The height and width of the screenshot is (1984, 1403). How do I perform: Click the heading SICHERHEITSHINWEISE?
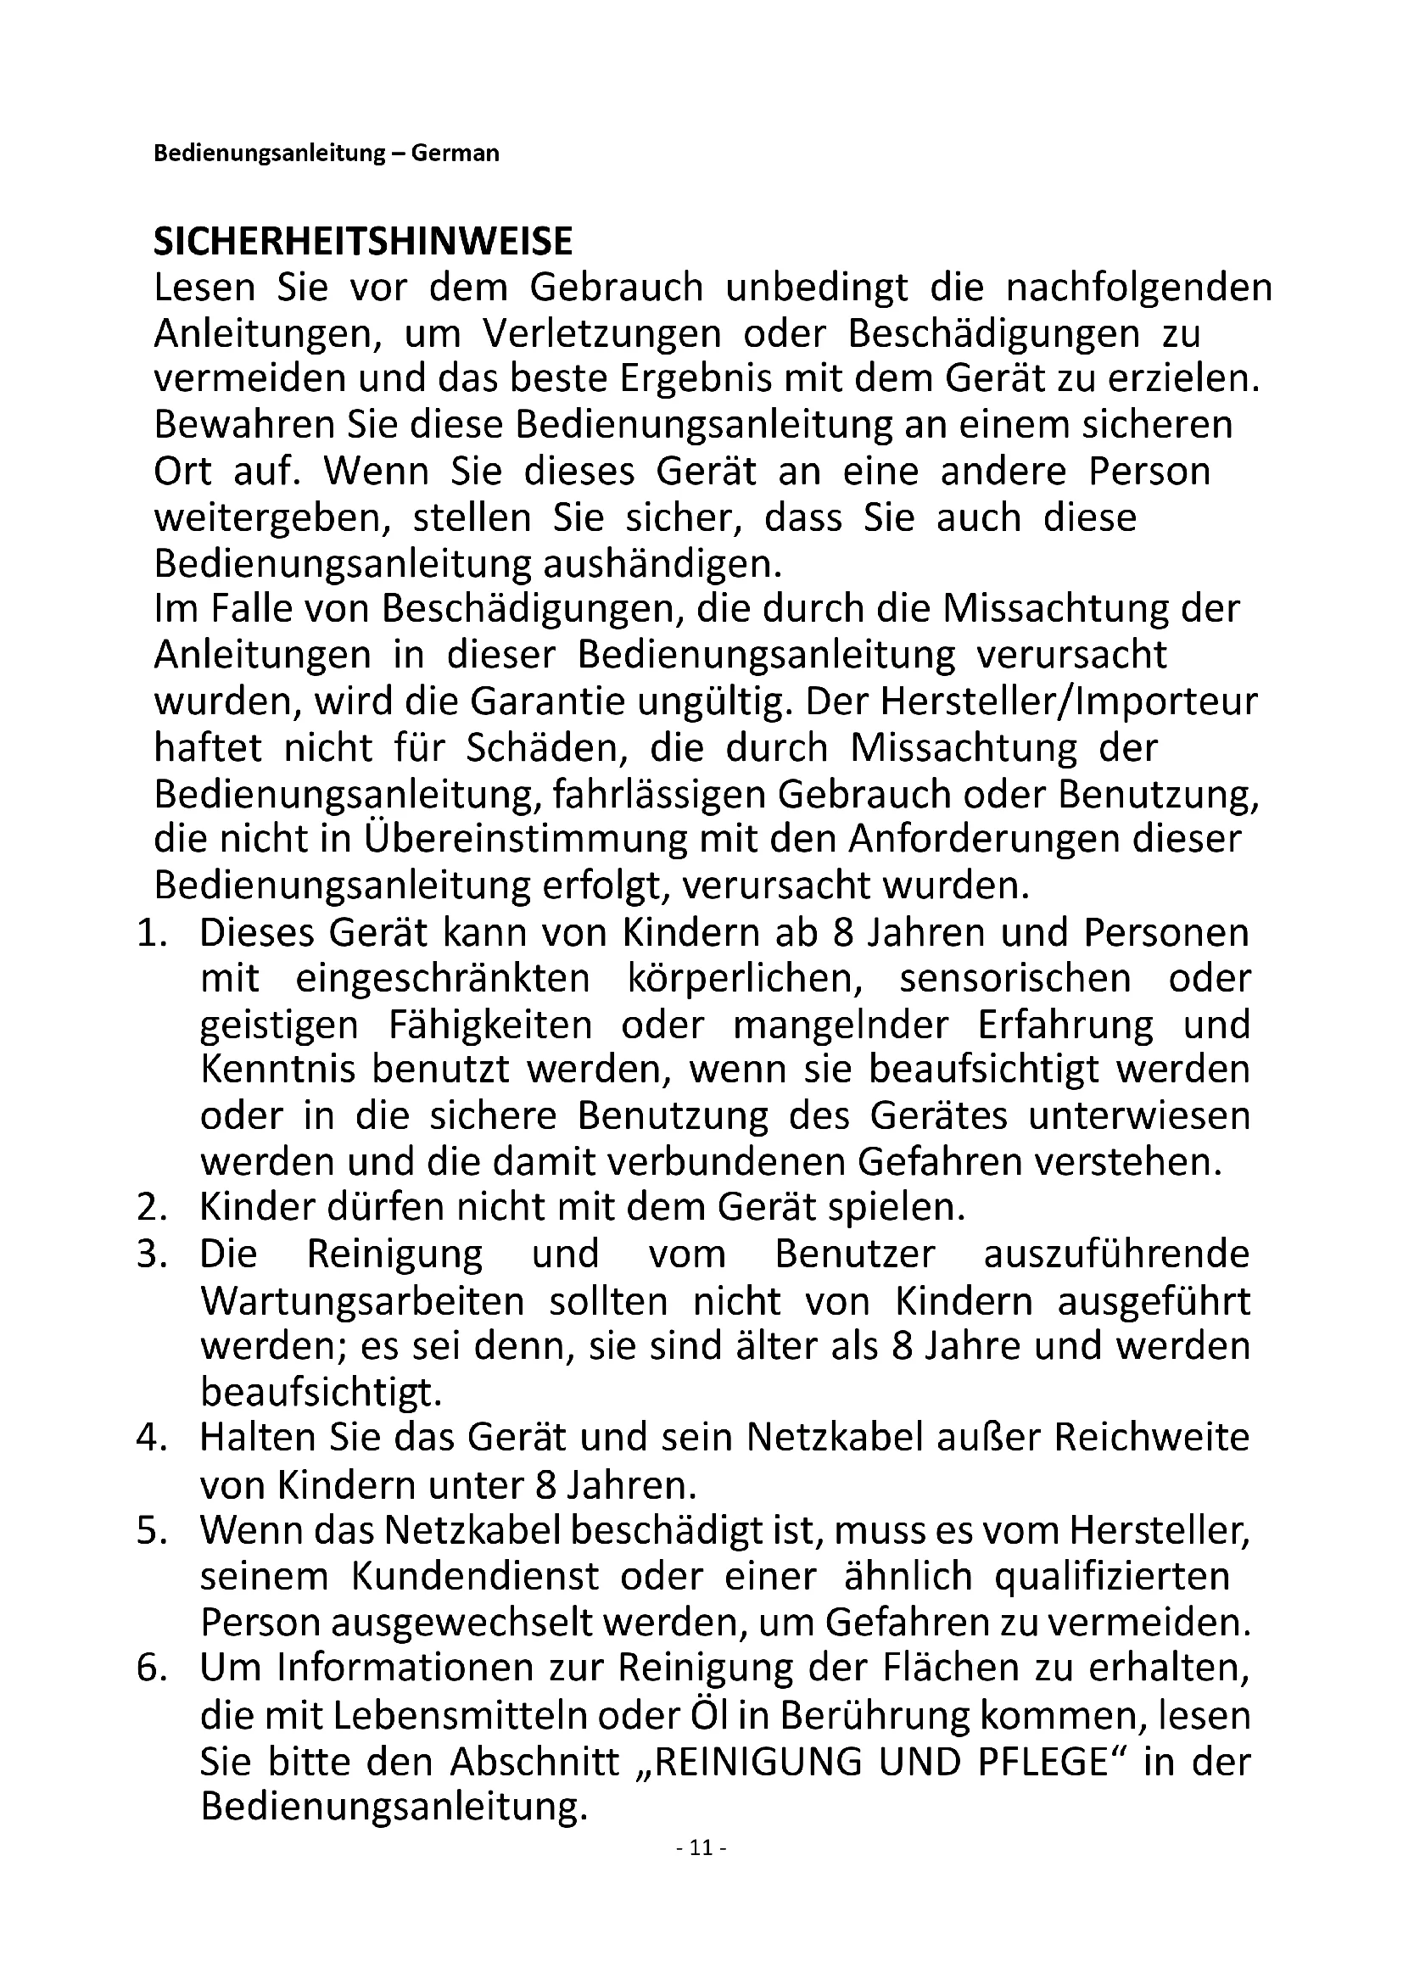coord(363,242)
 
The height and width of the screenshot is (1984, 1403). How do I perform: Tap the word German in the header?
coord(456,154)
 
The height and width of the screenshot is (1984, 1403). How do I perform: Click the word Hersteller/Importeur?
coord(1069,701)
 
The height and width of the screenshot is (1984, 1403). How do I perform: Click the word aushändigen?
coord(662,564)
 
